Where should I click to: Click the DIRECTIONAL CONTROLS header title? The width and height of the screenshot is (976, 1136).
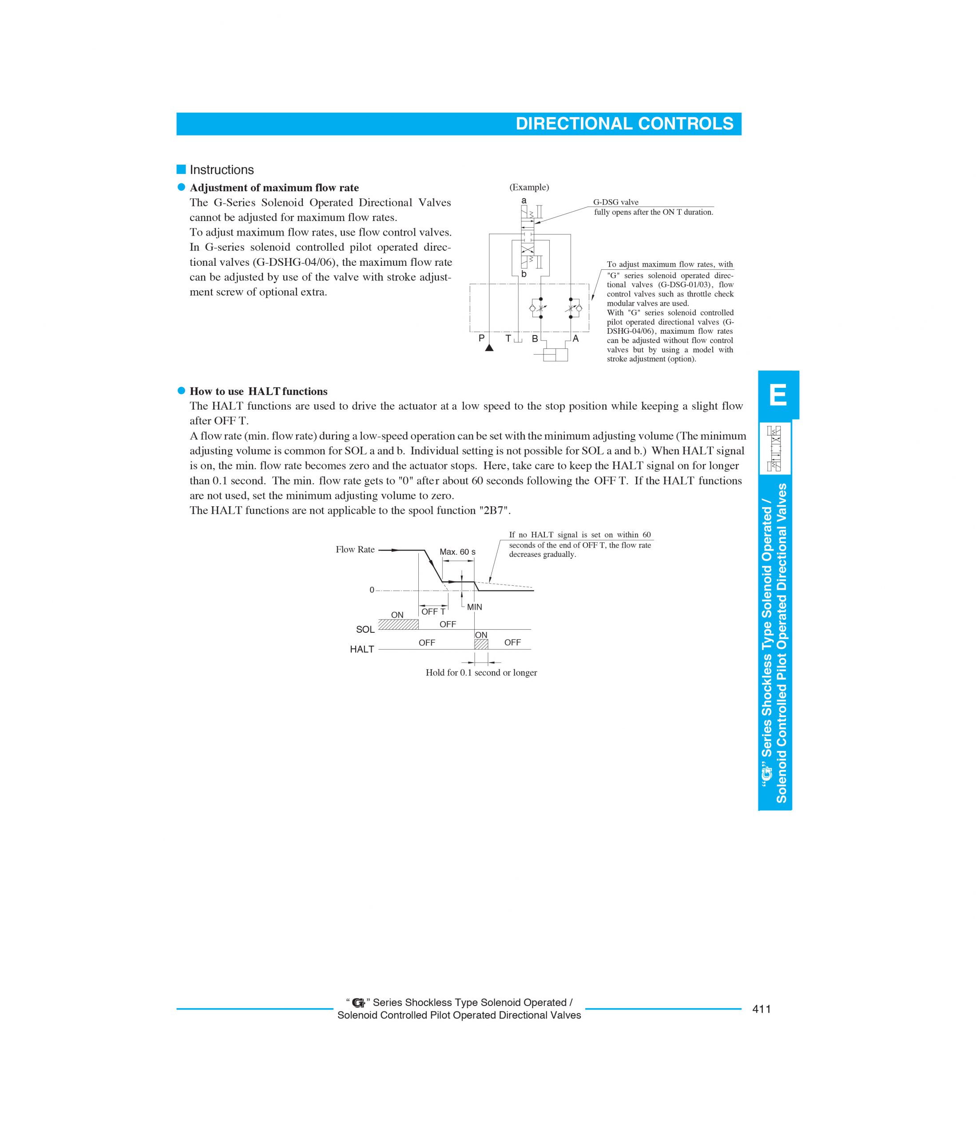(624, 124)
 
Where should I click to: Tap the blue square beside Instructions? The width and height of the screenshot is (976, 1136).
(181, 170)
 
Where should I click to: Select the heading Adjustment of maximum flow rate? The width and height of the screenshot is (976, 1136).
(274, 188)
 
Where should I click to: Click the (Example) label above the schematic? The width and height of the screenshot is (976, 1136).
(529, 188)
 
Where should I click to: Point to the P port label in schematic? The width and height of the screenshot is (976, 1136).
(482, 338)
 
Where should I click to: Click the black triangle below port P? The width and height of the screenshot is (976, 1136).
(489, 347)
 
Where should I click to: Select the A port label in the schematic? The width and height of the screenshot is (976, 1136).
(575, 338)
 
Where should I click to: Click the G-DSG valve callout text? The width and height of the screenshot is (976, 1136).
(615, 202)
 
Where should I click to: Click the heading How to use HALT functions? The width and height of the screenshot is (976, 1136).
(258, 391)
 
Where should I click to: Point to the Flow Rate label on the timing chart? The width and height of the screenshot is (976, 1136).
(355, 550)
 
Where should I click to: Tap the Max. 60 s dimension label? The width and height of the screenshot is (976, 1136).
(457, 552)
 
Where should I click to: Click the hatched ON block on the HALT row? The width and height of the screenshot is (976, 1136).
(481, 644)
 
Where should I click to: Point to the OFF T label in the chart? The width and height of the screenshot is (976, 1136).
(433, 611)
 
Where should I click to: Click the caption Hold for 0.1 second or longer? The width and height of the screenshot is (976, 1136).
(481, 673)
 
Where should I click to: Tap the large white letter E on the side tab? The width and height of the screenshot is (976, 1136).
(778, 395)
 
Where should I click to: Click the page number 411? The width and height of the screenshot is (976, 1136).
(762, 1009)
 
